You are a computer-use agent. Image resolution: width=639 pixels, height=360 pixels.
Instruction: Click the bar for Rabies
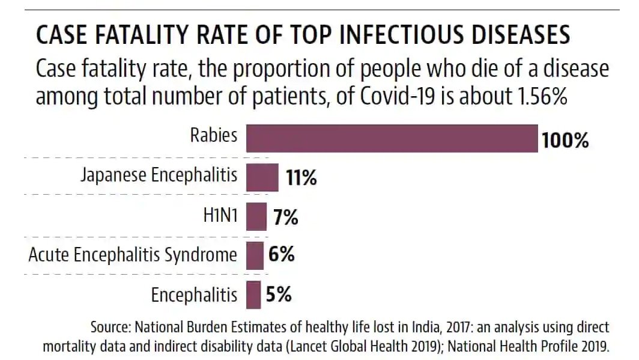pyautogui.click(x=392, y=138)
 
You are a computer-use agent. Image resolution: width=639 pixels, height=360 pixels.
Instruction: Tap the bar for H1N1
pyautogui.click(x=256, y=216)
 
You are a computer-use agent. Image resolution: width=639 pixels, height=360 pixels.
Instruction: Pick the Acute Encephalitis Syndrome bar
pyautogui.click(x=255, y=255)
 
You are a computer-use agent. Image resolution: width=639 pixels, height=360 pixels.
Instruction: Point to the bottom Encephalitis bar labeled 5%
pyautogui.click(x=254, y=294)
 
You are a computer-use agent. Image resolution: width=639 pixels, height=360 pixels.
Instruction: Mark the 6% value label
pyautogui.click(x=281, y=255)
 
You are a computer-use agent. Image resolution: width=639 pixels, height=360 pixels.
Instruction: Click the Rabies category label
pyautogui.click(x=214, y=136)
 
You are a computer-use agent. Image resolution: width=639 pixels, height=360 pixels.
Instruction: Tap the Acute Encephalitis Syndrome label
pyautogui.click(x=133, y=255)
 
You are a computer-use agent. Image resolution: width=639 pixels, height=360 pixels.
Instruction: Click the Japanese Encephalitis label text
pyautogui.click(x=159, y=176)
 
